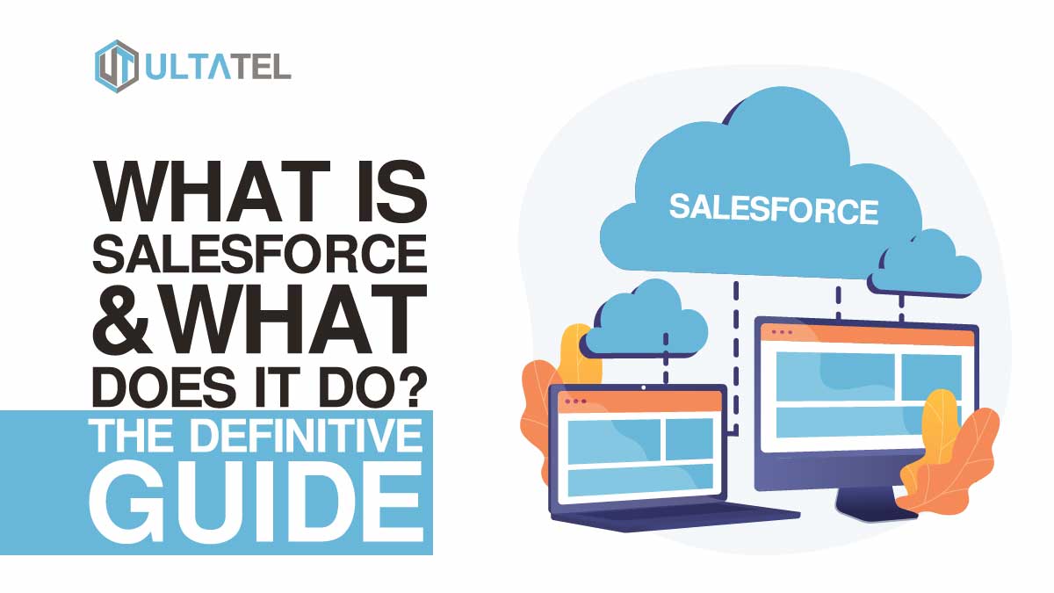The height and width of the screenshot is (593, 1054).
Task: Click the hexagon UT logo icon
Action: click(117, 67)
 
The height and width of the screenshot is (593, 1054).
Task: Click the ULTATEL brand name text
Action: click(218, 68)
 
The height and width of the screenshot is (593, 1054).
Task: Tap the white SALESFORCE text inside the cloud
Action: click(774, 209)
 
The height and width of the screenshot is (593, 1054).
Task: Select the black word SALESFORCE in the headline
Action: click(260, 254)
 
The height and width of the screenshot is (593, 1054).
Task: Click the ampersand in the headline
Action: click(121, 320)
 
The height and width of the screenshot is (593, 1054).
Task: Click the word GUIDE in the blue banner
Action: click(256, 503)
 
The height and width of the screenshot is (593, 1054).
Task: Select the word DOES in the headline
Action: click(164, 387)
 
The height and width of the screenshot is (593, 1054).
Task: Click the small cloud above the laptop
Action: click(644, 320)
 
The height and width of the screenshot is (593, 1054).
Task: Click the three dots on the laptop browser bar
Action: click(575, 401)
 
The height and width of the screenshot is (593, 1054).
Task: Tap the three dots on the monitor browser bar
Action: click(782, 332)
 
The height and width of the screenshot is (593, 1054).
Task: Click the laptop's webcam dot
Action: click(644, 387)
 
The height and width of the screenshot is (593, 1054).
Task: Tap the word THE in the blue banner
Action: click(130, 436)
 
